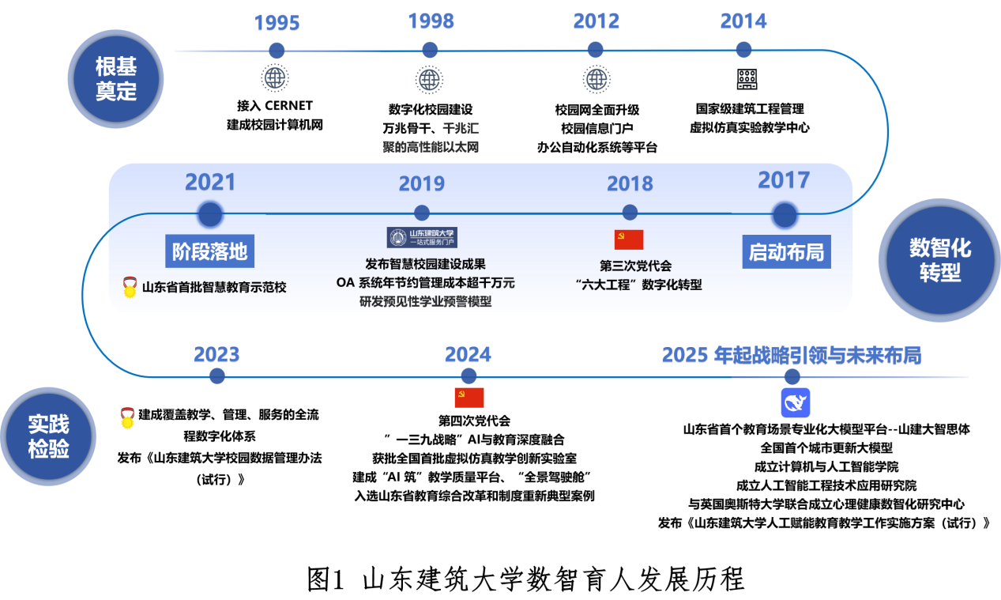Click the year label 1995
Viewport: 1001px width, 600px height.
[x=277, y=24]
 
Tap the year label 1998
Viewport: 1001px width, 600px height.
[x=431, y=21]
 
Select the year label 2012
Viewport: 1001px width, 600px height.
[x=596, y=21]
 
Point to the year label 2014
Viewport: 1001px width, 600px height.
[x=743, y=21]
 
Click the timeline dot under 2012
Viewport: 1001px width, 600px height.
[x=596, y=50]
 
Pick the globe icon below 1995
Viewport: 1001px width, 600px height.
[x=275, y=78]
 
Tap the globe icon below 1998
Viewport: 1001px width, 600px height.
[x=429, y=79]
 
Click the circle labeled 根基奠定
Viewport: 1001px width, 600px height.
[x=115, y=79]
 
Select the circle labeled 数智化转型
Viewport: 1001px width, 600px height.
[x=939, y=260]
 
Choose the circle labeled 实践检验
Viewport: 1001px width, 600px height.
[x=48, y=436]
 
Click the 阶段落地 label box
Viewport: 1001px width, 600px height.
[x=210, y=252]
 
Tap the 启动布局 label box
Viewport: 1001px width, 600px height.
[x=786, y=252]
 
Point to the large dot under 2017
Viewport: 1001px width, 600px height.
[x=785, y=215]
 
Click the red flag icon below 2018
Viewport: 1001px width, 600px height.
[x=629, y=240]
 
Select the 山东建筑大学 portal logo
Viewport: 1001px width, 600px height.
[x=422, y=237]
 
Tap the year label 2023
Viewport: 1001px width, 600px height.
[x=216, y=355]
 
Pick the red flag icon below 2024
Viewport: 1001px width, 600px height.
[x=469, y=398]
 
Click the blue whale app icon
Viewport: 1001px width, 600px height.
[x=796, y=403]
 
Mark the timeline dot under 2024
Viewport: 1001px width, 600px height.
[x=469, y=376]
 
